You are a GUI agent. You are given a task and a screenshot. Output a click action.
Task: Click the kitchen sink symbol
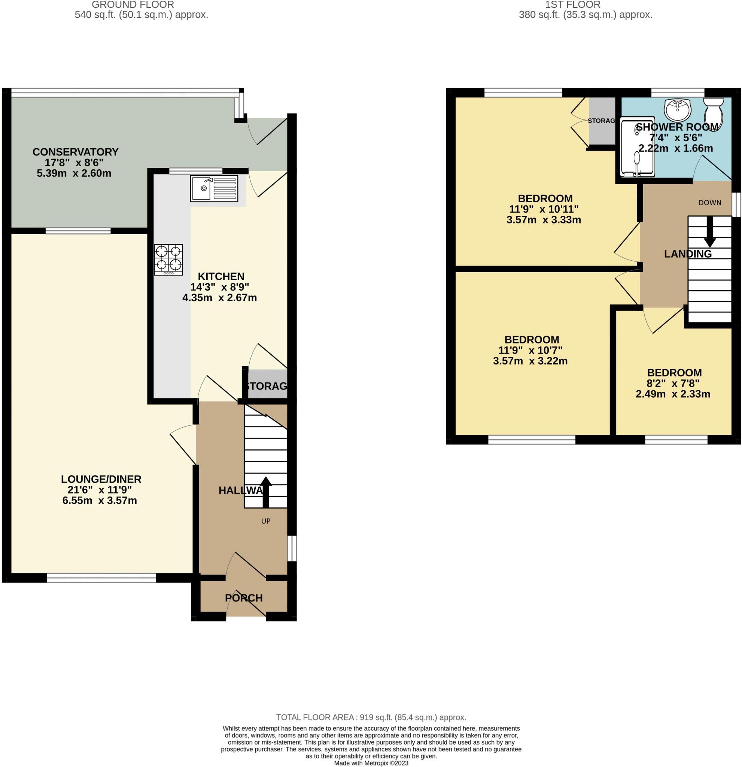coord(213,189)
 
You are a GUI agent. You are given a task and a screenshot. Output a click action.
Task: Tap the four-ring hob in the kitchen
coord(168,260)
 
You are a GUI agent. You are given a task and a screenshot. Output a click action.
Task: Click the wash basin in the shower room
coord(678,110)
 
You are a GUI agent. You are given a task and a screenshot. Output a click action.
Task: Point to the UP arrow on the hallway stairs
coord(266,491)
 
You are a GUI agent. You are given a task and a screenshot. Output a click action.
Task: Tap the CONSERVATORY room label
coord(75,152)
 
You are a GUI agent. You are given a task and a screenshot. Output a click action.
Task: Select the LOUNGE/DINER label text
coord(101,479)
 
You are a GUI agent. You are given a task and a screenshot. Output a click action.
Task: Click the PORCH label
coord(244,598)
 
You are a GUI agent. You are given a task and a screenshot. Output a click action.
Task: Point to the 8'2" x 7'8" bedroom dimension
coord(673,383)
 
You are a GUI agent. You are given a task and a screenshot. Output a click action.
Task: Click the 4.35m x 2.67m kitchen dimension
coord(219,298)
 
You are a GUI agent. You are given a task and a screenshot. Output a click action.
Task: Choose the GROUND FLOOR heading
coord(133,5)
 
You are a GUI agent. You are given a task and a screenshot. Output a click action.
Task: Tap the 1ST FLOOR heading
coord(572,5)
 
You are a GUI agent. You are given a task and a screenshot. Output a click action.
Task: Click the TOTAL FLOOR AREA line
coord(371,717)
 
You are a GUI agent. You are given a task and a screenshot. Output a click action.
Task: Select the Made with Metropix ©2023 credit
coord(371,763)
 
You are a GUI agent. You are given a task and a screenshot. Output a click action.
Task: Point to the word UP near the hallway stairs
coord(265,521)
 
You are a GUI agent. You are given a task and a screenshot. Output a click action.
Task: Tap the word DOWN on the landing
coord(709,203)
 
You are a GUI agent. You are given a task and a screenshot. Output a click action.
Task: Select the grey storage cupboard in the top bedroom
coord(602,121)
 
